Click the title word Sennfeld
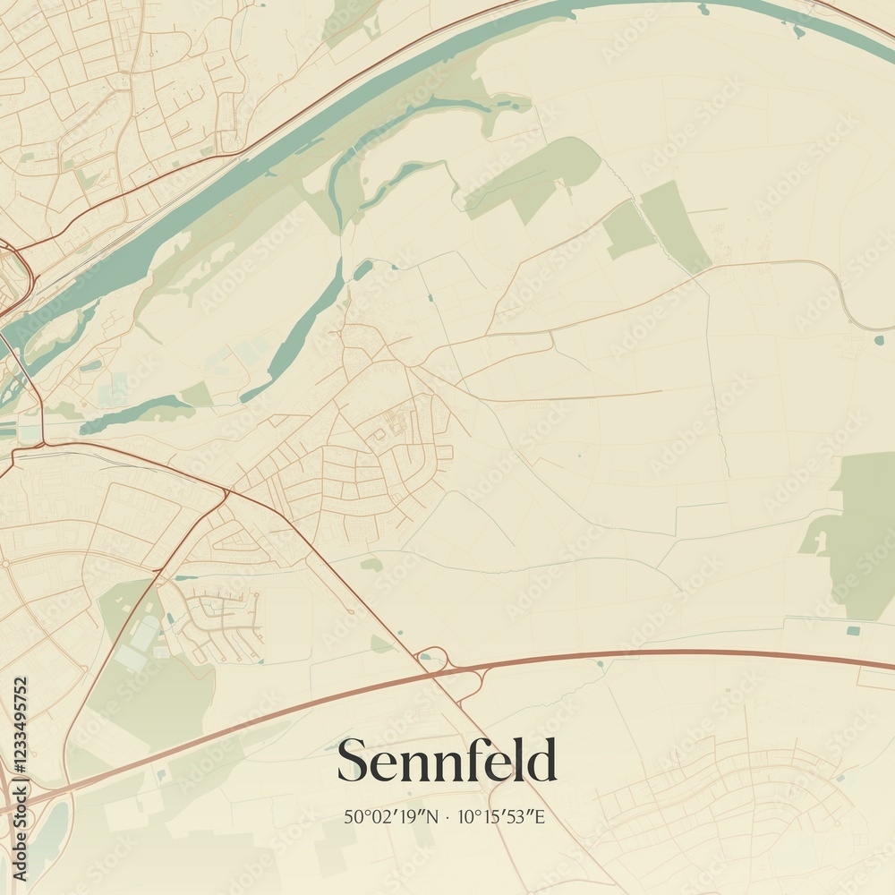point(447,762)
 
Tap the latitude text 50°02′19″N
point(392,816)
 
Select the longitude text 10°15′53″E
point(500,816)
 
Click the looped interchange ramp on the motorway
point(433,659)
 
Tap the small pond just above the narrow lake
point(362,268)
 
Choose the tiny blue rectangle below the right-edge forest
point(853,630)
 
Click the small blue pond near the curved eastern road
point(879,339)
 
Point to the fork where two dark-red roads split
point(226,491)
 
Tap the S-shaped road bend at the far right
point(847,295)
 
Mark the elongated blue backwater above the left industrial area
point(134,414)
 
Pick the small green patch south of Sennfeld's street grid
point(371,565)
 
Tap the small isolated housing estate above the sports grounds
point(219,618)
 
